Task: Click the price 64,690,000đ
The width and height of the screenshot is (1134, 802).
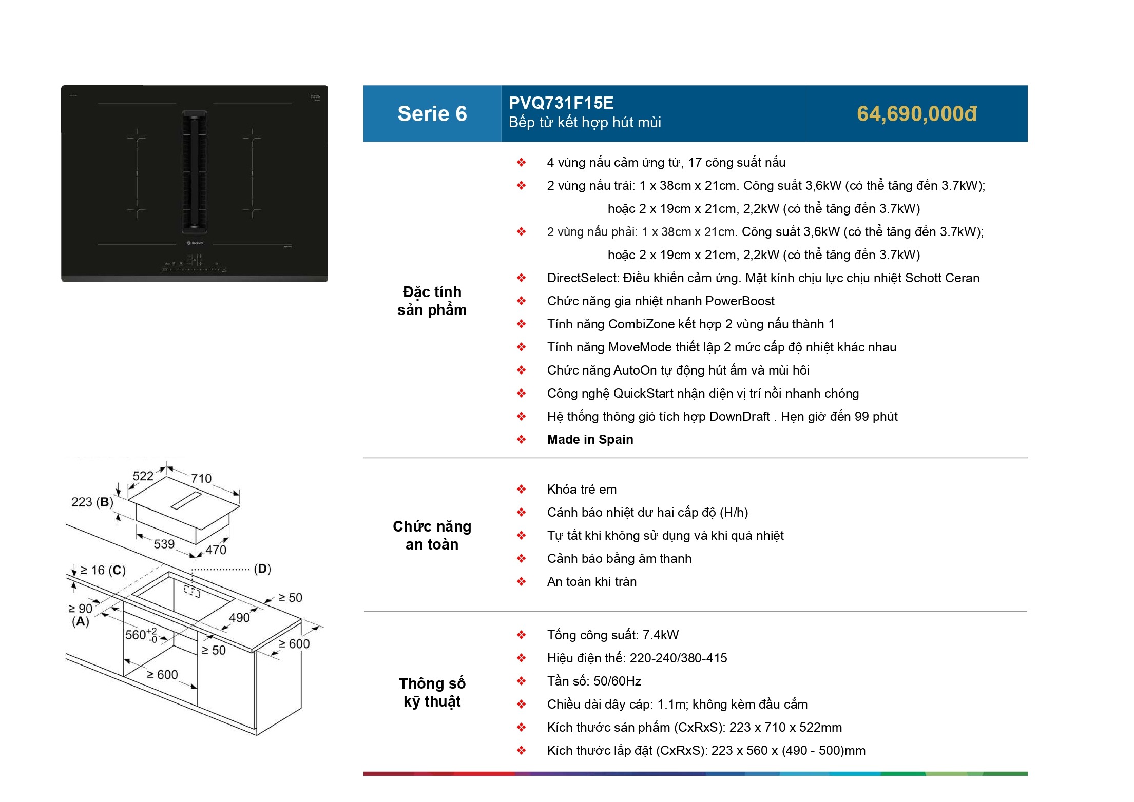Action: coord(916,114)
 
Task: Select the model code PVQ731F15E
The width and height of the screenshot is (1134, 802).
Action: coord(561,103)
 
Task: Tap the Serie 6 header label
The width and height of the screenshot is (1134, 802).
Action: coord(432,113)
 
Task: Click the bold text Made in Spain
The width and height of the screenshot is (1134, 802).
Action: coord(590,440)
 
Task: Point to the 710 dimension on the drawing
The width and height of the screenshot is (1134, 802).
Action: coord(201,478)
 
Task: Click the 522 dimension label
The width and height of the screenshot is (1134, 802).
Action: coord(143,476)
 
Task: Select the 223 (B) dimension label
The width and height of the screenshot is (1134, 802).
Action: coord(92,502)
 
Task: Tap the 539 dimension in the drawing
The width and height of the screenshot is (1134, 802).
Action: coord(164,544)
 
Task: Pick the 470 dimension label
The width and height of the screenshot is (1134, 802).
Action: coord(216,550)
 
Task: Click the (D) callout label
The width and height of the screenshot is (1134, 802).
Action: coord(262,569)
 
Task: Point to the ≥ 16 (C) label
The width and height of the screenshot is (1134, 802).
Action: coord(103,570)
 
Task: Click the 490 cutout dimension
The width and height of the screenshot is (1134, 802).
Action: coord(239,617)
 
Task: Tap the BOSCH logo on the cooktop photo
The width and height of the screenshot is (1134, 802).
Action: coord(195,243)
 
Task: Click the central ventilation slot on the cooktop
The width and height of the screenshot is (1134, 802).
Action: coord(194,172)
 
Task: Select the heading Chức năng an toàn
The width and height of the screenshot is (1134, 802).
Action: coord(432,535)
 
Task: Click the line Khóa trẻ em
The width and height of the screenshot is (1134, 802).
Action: coord(582,490)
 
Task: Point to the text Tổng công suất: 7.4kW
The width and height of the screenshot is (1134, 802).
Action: coord(612,635)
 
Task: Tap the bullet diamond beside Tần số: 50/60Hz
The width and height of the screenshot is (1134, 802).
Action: coord(521,681)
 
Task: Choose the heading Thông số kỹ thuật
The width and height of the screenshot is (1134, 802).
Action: coord(432,692)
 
